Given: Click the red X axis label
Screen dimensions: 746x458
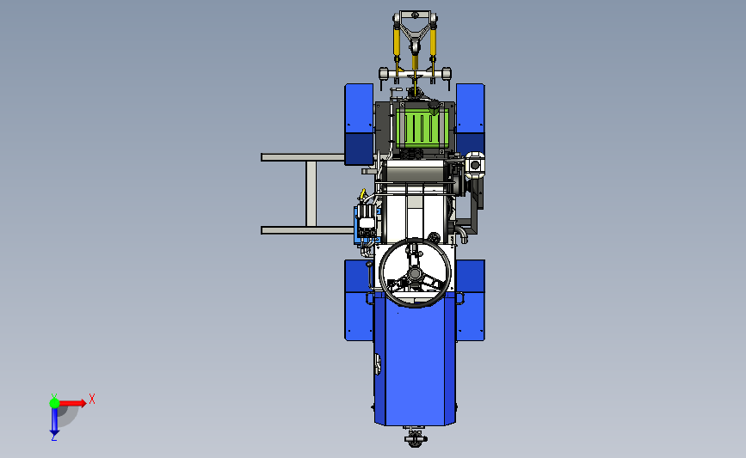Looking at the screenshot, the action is click(x=92, y=399).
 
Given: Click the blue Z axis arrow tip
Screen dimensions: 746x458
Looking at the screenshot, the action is click(x=54, y=434).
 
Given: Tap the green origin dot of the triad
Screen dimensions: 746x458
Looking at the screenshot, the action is click(x=54, y=403).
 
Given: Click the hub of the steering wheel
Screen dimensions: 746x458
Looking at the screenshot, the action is click(x=415, y=273).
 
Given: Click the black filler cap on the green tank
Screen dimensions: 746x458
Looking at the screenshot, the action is click(x=434, y=105).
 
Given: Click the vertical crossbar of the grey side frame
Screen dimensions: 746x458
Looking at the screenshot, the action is click(x=311, y=194).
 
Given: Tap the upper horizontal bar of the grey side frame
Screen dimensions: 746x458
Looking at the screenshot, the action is click(x=303, y=157).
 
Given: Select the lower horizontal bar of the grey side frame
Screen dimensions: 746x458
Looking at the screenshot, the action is click(x=307, y=230).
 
